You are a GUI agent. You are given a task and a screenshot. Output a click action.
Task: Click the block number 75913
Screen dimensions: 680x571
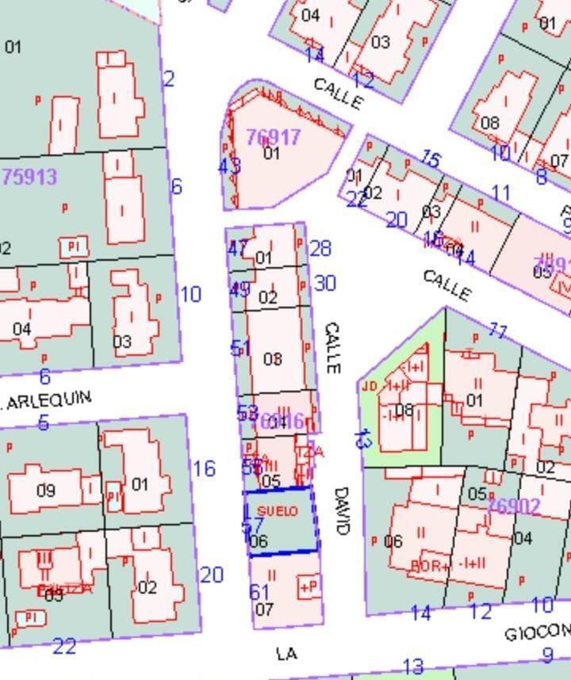pyautogui.click(x=30, y=176)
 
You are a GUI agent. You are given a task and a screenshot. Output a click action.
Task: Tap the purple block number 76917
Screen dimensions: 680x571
pyautogui.click(x=273, y=137)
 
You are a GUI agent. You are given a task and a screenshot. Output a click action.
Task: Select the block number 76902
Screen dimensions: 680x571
pyautogui.click(x=514, y=506)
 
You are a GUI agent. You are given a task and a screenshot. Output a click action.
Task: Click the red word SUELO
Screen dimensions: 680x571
pyautogui.click(x=278, y=511)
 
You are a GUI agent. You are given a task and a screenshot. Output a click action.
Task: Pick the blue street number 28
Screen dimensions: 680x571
pyautogui.click(x=320, y=249)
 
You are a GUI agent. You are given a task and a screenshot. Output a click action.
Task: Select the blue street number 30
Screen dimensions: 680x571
pyautogui.click(x=325, y=283)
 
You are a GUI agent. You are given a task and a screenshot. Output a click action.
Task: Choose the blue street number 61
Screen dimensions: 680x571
pyautogui.click(x=260, y=591)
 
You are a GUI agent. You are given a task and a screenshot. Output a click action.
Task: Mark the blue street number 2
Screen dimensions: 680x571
pyautogui.click(x=169, y=79)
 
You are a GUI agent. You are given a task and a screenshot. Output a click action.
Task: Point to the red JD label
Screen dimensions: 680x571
pyautogui.click(x=370, y=386)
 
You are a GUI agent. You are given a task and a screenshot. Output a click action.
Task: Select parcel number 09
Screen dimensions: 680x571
pyautogui.click(x=46, y=491)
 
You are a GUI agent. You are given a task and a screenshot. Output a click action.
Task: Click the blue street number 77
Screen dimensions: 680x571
pyautogui.click(x=497, y=330)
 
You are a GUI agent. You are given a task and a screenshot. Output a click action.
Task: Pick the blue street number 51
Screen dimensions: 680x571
pyautogui.click(x=240, y=348)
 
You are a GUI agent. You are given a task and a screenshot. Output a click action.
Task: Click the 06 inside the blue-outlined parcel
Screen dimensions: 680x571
pyautogui.click(x=259, y=541)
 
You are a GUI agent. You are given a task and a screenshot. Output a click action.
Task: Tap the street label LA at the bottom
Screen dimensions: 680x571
pyautogui.click(x=286, y=653)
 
